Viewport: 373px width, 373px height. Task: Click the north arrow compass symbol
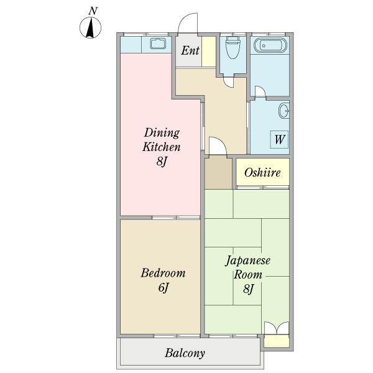click(90, 27)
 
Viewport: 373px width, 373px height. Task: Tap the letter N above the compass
click(93, 11)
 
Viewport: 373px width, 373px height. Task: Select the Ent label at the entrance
click(190, 50)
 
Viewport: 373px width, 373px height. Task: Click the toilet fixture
click(233, 47)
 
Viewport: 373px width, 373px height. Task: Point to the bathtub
click(270, 45)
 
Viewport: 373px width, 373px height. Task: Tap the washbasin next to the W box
click(283, 111)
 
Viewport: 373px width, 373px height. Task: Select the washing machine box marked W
click(279, 139)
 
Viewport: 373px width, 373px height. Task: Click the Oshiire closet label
click(262, 172)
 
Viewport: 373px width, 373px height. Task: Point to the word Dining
click(162, 132)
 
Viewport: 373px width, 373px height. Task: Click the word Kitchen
click(162, 147)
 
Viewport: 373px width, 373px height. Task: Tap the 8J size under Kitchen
click(162, 162)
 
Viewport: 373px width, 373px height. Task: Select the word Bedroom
click(163, 273)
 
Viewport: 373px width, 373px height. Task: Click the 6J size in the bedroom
click(163, 288)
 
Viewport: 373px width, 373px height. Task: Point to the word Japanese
click(247, 260)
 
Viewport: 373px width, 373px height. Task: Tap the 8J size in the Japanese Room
click(248, 288)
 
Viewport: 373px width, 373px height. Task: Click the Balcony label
click(185, 353)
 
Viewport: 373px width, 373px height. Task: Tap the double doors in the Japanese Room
click(277, 328)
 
